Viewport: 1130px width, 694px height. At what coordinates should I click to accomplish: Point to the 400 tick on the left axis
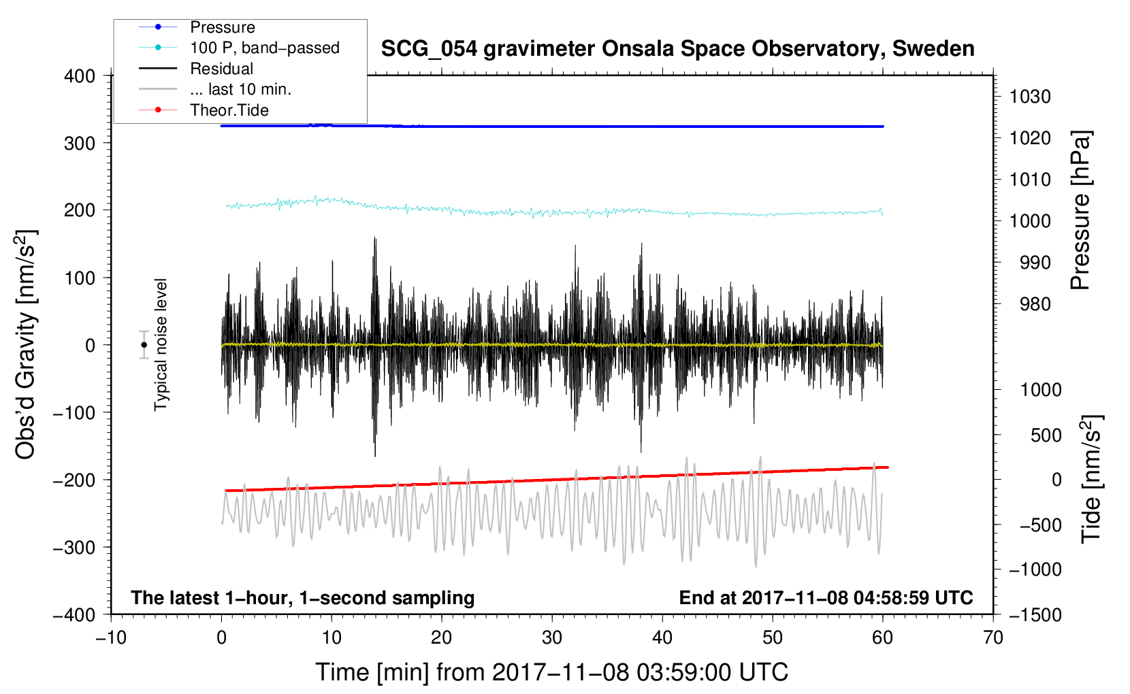coord(80,76)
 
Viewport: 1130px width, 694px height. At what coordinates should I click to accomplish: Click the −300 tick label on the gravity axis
coord(74,547)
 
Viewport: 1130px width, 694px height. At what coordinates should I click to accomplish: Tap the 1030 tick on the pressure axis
coord(1030,97)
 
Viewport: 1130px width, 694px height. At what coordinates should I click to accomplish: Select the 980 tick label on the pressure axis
coord(1035,304)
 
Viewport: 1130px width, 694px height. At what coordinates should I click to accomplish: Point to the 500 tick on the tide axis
coord(1046,435)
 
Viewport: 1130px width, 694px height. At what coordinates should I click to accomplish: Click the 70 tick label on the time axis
coord(992,638)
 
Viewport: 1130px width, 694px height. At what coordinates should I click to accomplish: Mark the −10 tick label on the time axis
coord(111,638)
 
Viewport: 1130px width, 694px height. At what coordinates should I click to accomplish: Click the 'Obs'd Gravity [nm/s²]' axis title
coord(25,345)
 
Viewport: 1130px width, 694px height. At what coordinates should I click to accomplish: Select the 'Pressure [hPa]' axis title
coord(1080,211)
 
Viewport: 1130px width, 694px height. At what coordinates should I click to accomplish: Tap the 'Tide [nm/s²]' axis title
coord(1092,480)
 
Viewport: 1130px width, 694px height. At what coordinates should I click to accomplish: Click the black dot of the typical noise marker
coord(144,345)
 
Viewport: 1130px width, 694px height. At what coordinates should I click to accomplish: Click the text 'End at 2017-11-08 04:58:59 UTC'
coord(826,597)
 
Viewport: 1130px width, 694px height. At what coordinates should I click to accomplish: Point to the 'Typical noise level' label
coord(161,345)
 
